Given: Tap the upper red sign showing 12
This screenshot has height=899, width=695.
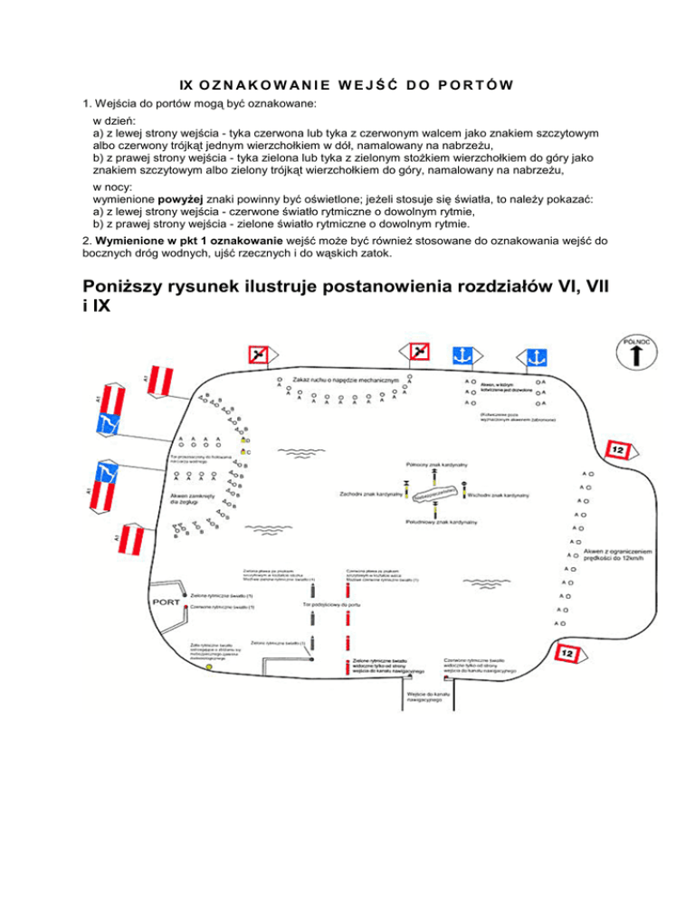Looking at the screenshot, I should point(617,449).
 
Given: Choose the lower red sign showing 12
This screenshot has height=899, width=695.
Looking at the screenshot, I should point(566,652).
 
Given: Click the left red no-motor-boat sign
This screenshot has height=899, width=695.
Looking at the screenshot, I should point(260,354).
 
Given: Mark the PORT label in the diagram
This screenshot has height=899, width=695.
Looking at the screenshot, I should point(166,602).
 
